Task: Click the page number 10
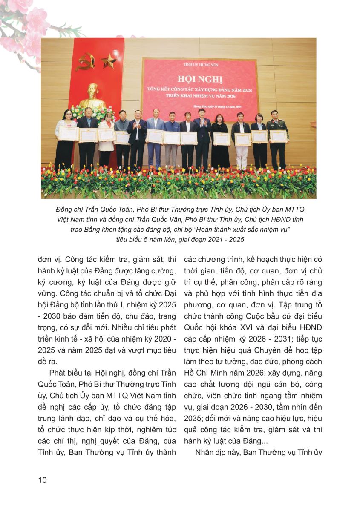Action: pyautogui.click(x=42, y=480)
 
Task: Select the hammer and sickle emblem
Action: pyautogui.click(x=86, y=61)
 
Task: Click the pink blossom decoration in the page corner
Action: pyautogui.click(x=26, y=26)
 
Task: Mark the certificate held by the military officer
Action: pyautogui.click(x=278, y=136)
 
